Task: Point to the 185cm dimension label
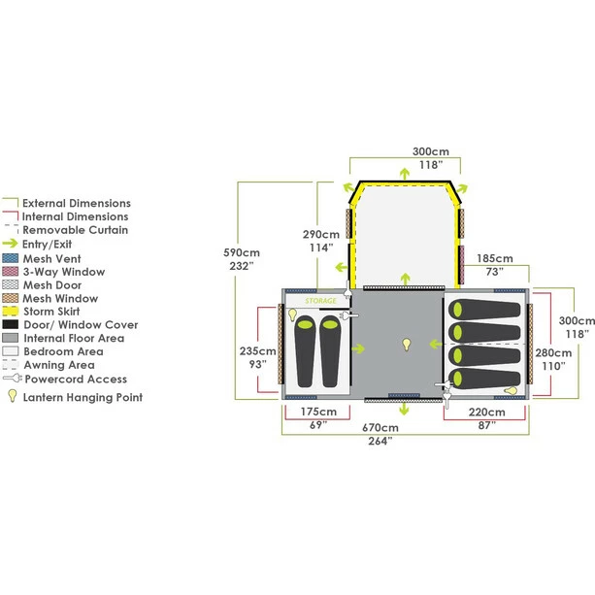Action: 495,259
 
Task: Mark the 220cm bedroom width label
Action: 485,413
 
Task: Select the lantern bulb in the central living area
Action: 408,345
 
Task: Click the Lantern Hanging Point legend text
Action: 83,396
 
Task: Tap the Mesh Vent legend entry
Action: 58,258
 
